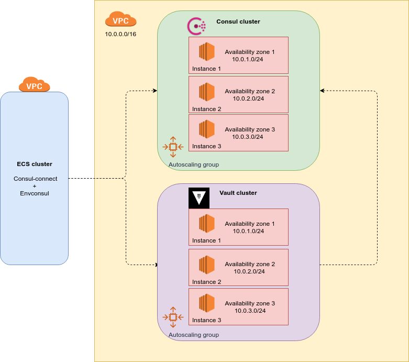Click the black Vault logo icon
click(198, 198)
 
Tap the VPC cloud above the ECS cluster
click(34, 84)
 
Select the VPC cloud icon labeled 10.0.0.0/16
click(120, 20)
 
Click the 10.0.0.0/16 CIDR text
click(120, 35)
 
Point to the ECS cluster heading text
click(34, 164)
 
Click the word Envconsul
click(34, 193)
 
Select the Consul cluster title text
click(238, 21)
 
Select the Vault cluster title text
click(238, 193)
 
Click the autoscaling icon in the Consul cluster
click(173, 147)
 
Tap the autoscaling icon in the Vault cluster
click(173, 317)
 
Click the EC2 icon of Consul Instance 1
click(207, 52)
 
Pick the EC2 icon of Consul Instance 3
click(207, 129)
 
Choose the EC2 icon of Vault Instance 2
click(207, 264)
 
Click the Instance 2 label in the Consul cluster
click(206, 109)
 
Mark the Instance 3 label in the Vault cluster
click(206, 320)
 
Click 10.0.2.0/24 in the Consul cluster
click(248, 98)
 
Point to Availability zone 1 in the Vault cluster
click(249, 224)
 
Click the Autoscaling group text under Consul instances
click(194, 164)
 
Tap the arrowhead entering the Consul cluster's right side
click(322, 91)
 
